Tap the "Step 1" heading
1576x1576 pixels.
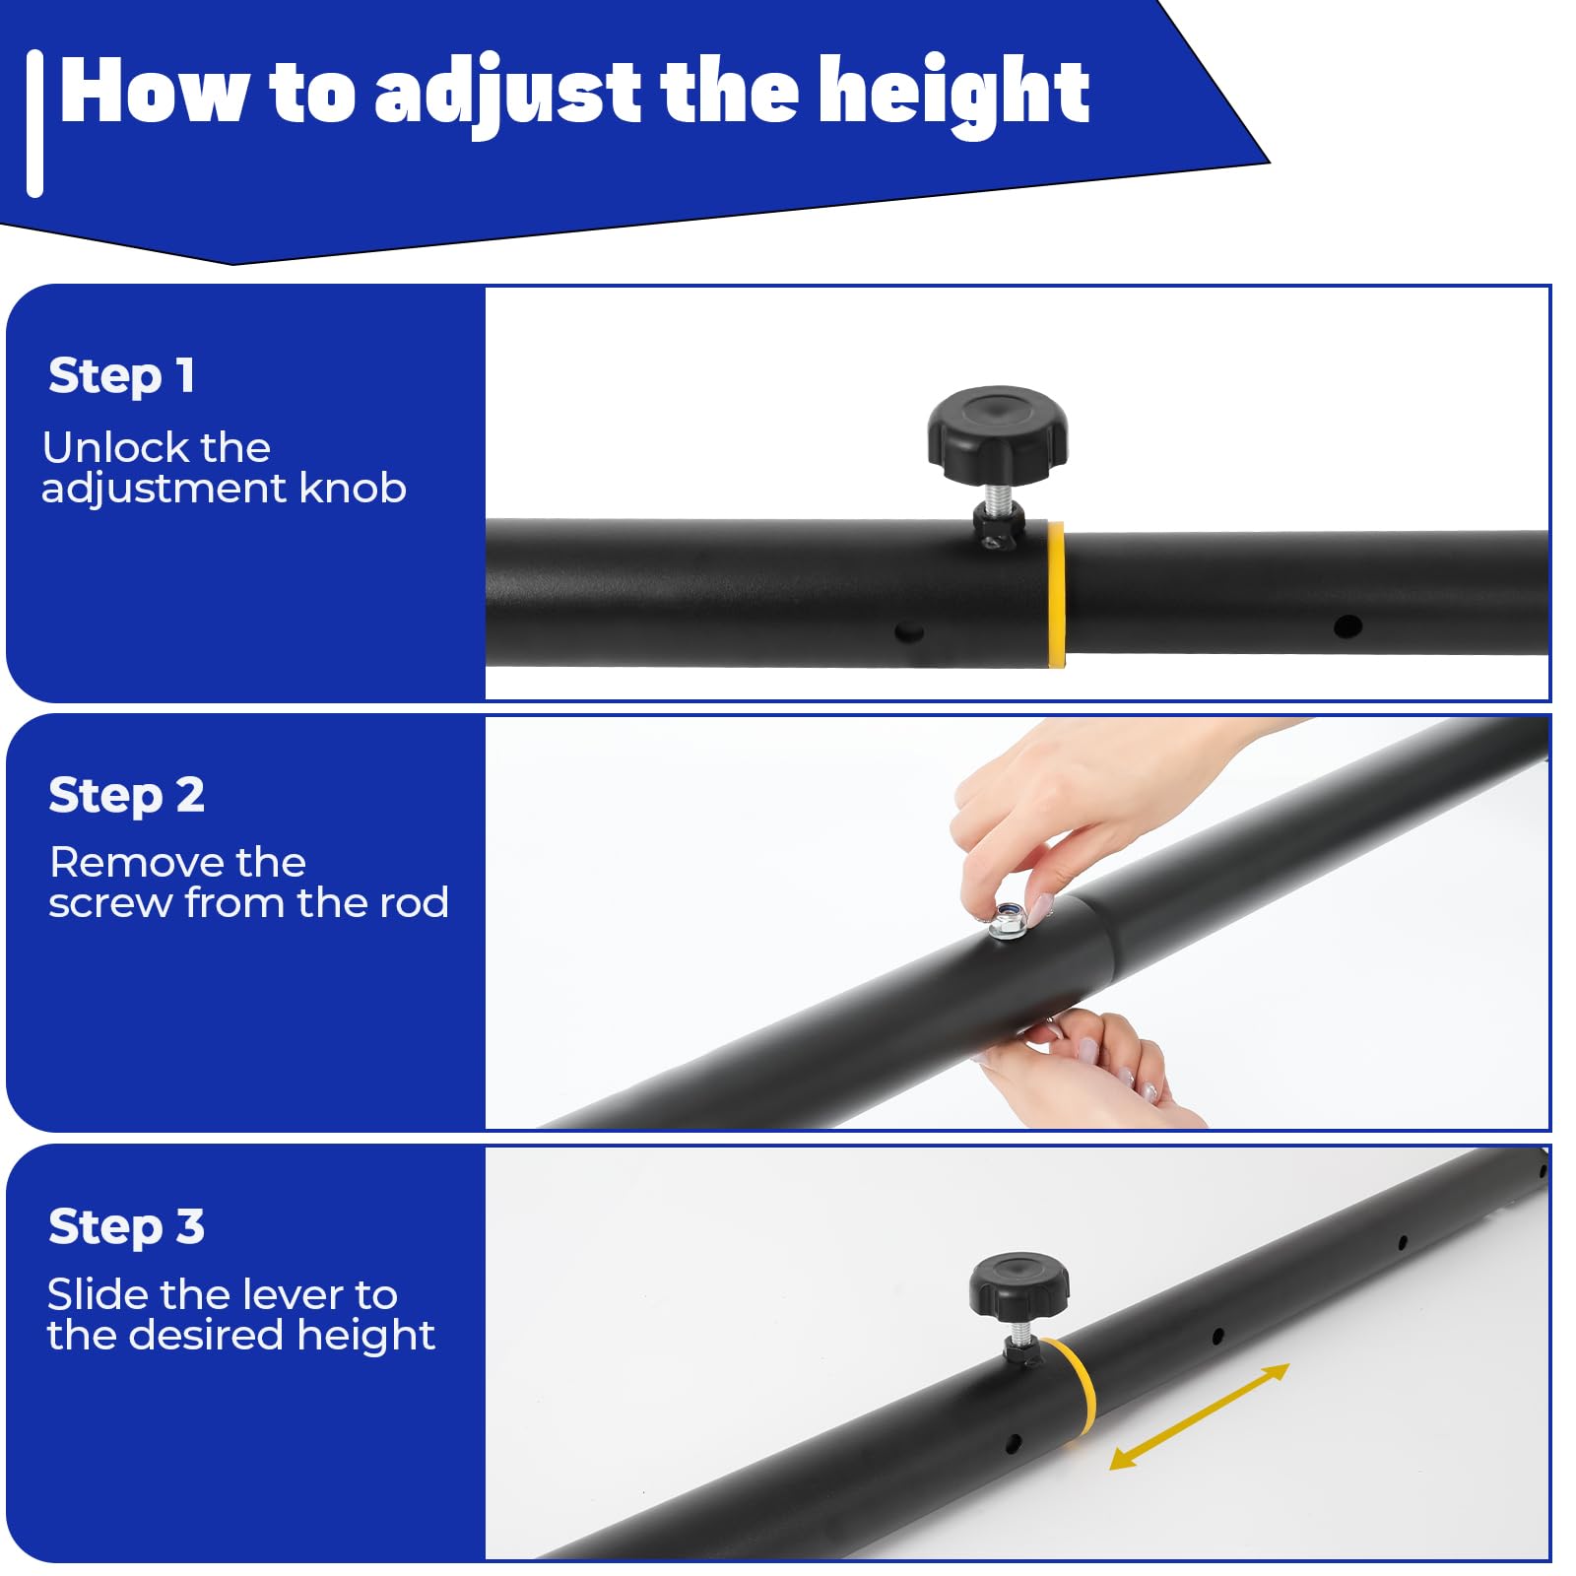click(x=121, y=376)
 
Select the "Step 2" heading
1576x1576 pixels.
click(x=126, y=796)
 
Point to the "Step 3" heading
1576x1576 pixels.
click(x=126, y=1227)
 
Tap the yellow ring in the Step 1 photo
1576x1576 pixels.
click(x=1056, y=595)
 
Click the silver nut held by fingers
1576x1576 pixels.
click(x=1008, y=921)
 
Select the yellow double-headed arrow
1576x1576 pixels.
click(x=1200, y=1416)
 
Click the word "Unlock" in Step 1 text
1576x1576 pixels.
click(x=103, y=448)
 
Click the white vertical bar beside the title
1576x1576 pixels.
click(x=35, y=124)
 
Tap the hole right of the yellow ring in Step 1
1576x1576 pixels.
click(x=1347, y=625)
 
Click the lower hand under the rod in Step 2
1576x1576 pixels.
click(x=1093, y=1070)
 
